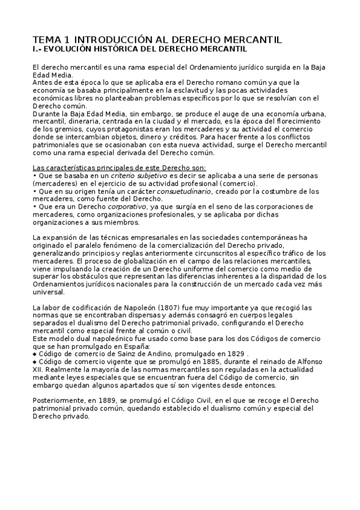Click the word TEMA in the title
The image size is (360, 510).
click(x=44, y=39)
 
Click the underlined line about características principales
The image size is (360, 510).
click(x=118, y=167)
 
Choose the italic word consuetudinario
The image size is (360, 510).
click(x=183, y=191)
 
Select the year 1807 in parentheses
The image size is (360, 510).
click(x=170, y=307)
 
